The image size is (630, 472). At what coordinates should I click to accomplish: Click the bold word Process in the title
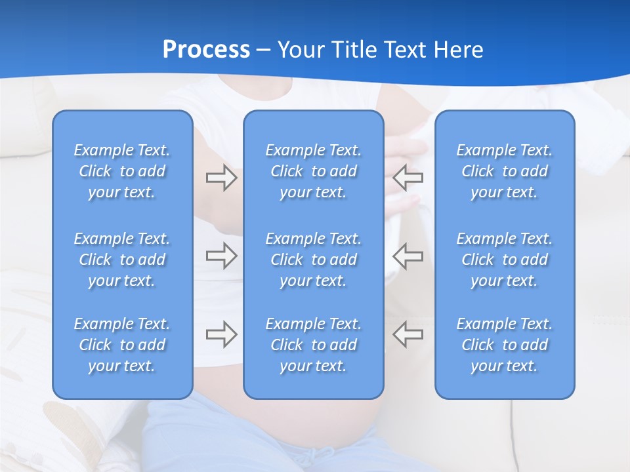[206, 50]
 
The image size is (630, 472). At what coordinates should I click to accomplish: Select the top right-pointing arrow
[221, 178]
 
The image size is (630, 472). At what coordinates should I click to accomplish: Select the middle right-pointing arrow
[221, 256]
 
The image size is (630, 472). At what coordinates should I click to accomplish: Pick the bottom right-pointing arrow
[221, 334]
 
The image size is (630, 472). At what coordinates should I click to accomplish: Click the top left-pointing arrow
[408, 178]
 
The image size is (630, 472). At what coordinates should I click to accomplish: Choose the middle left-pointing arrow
[408, 256]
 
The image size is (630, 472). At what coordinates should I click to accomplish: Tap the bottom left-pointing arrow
[408, 334]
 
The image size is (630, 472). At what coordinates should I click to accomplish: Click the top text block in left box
[122, 171]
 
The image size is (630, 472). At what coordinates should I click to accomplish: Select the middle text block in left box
[122, 260]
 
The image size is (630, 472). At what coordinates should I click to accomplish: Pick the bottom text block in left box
[122, 345]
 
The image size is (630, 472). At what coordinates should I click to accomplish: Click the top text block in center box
[313, 171]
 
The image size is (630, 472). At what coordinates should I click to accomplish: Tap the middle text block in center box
[313, 260]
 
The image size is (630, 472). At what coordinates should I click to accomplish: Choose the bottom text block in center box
[313, 345]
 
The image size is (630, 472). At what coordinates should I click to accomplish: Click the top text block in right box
[504, 171]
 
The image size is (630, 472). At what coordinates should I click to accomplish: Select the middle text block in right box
[504, 260]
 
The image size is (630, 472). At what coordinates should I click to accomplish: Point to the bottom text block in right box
[504, 345]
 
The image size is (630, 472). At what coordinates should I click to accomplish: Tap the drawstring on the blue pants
[322, 456]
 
